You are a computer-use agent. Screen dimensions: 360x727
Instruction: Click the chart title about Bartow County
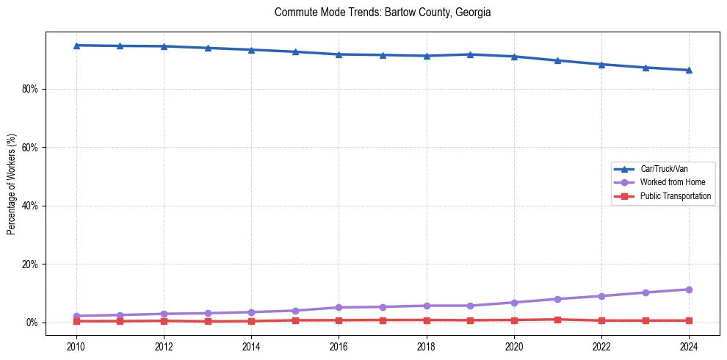[x=383, y=12]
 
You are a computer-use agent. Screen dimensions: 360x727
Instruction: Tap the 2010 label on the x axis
[x=76, y=346]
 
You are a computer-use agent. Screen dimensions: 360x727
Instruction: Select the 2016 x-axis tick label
[x=339, y=346]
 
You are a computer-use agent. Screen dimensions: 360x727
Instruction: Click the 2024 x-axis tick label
[x=689, y=346]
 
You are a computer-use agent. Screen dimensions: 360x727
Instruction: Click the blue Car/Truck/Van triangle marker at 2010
[x=76, y=46]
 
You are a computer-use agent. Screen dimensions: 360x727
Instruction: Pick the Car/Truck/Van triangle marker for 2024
[x=689, y=70]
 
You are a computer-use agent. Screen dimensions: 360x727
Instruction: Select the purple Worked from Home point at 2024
[x=689, y=289]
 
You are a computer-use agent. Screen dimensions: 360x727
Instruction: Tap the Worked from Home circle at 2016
[x=339, y=307]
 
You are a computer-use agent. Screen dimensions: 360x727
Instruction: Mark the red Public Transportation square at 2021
[x=557, y=320]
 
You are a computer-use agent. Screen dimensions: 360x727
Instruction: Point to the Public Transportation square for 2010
[x=76, y=321]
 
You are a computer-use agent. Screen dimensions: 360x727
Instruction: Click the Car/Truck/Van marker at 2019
[x=470, y=54]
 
